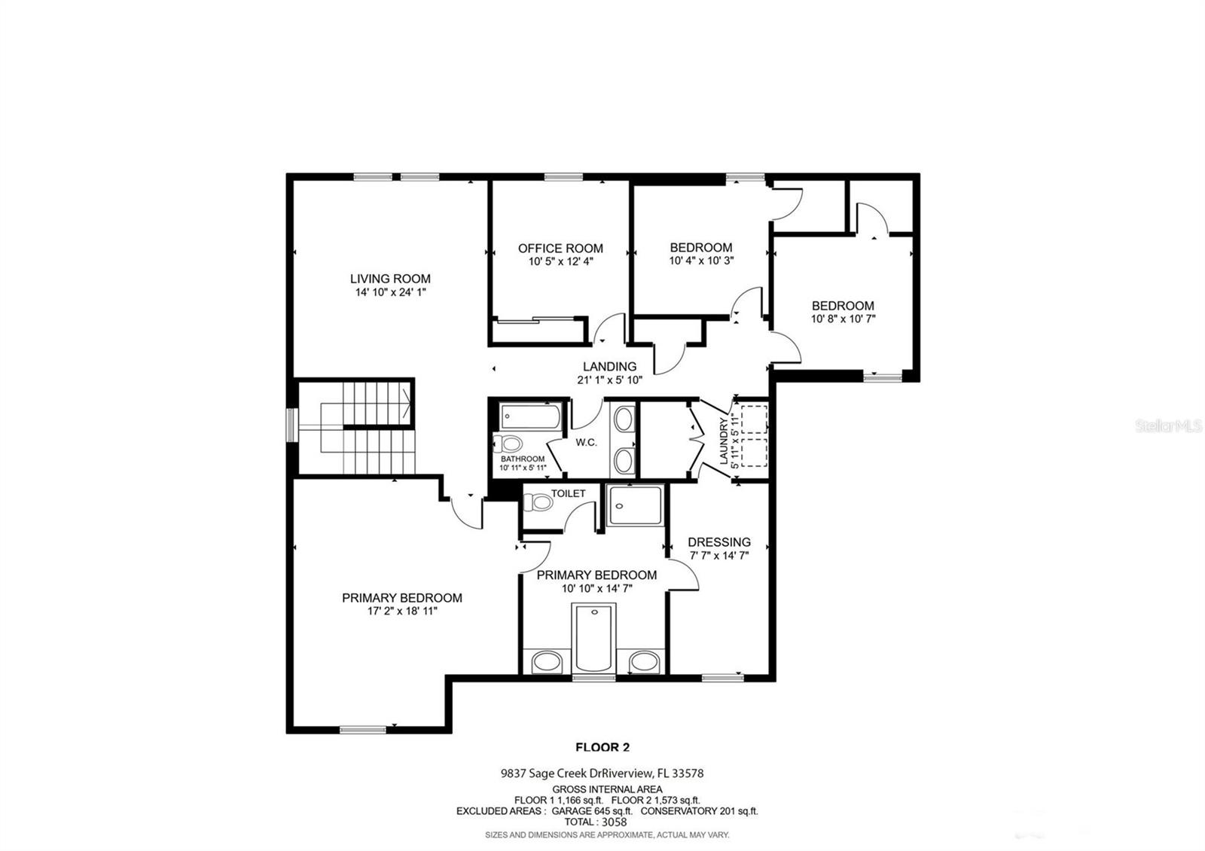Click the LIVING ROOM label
click(x=390, y=279)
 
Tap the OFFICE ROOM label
click(x=560, y=249)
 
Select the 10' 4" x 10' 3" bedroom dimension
click(x=701, y=261)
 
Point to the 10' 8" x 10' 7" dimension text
click(x=843, y=319)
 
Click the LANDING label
click(x=609, y=366)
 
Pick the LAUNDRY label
click(x=724, y=441)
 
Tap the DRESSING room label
click(x=718, y=542)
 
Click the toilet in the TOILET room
click(x=538, y=503)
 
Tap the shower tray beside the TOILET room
click(x=635, y=505)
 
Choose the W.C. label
click(x=586, y=443)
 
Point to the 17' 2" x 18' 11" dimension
click(x=402, y=611)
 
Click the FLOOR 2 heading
click(x=602, y=747)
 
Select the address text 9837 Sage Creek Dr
click(x=551, y=773)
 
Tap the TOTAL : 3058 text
click(x=596, y=822)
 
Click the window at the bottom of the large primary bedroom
click(x=363, y=730)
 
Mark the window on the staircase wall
click(x=291, y=425)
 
